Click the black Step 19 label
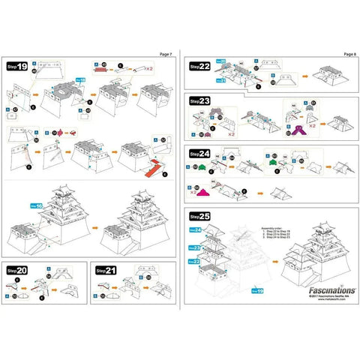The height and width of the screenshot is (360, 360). [x=16, y=67]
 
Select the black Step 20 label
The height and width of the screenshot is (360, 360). [x=16, y=269]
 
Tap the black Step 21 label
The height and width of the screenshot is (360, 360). [x=106, y=269]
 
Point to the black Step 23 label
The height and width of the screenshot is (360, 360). [x=199, y=100]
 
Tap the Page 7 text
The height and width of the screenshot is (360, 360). [x=166, y=54]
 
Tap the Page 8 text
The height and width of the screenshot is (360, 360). [x=349, y=54]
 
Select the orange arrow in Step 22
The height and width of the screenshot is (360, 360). [x=303, y=75]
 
